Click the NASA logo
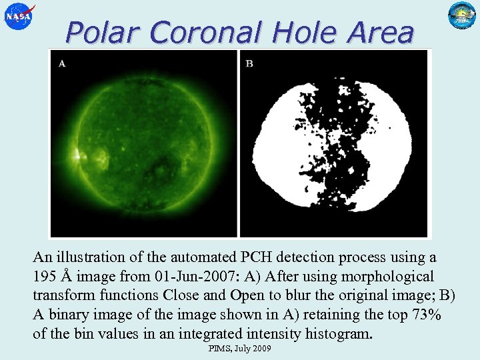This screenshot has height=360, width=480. coord(18,16)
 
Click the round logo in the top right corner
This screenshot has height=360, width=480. coord(461,16)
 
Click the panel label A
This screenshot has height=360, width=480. coord(62,64)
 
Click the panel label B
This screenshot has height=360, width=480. coord(249,64)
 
